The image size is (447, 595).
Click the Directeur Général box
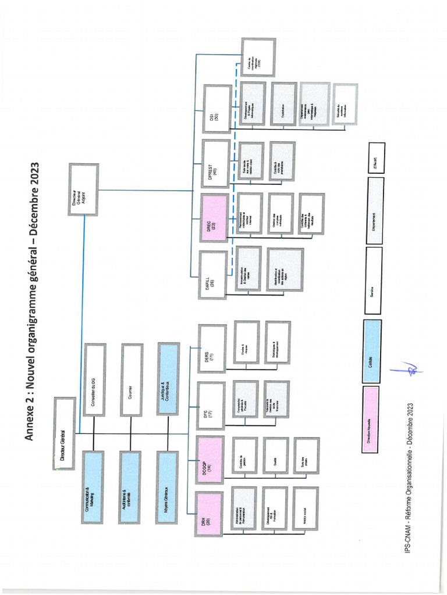click(65, 433)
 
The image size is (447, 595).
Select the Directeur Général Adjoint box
click(83, 189)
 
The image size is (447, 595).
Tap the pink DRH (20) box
click(208, 514)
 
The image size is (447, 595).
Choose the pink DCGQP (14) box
click(209, 459)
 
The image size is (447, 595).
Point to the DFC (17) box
click(210, 406)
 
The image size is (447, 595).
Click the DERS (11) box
click(211, 349)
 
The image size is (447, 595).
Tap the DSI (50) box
click(217, 109)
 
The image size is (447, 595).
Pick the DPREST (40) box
click(215, 163)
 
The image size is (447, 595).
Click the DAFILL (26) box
click(212, 275)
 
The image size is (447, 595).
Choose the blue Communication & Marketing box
click(93, 487)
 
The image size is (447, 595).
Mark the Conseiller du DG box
click(94, 379)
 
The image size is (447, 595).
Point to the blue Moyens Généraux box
click(167, 487)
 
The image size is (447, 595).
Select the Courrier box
click(131, 379)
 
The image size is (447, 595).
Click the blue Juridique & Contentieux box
click(168, 378)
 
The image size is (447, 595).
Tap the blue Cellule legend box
click(372, 352)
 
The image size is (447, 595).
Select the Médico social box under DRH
click(305, 508)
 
